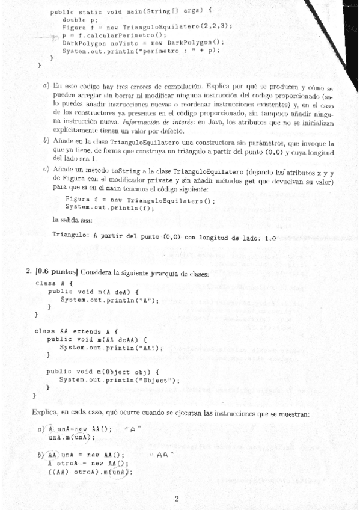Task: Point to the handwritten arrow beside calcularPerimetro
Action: [47, 37]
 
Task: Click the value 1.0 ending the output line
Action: [270, 238]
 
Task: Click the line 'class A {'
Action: [54, 283]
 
